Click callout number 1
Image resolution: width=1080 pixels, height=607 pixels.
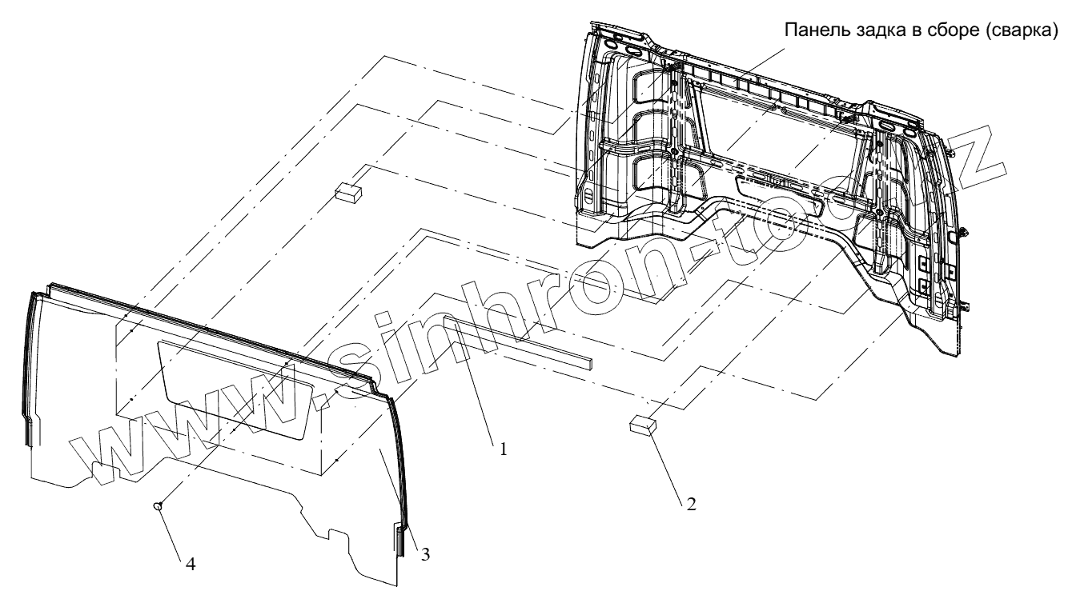[x=503, y=449]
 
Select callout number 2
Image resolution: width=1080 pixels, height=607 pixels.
[x=690, y=504]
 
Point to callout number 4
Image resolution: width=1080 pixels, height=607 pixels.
[x=190, y=563]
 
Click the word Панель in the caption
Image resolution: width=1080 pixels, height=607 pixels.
[x=810, y=31]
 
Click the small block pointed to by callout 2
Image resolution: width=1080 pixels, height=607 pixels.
[x=642, y=424]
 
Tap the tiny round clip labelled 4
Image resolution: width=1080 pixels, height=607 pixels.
[x=158, y=505]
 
